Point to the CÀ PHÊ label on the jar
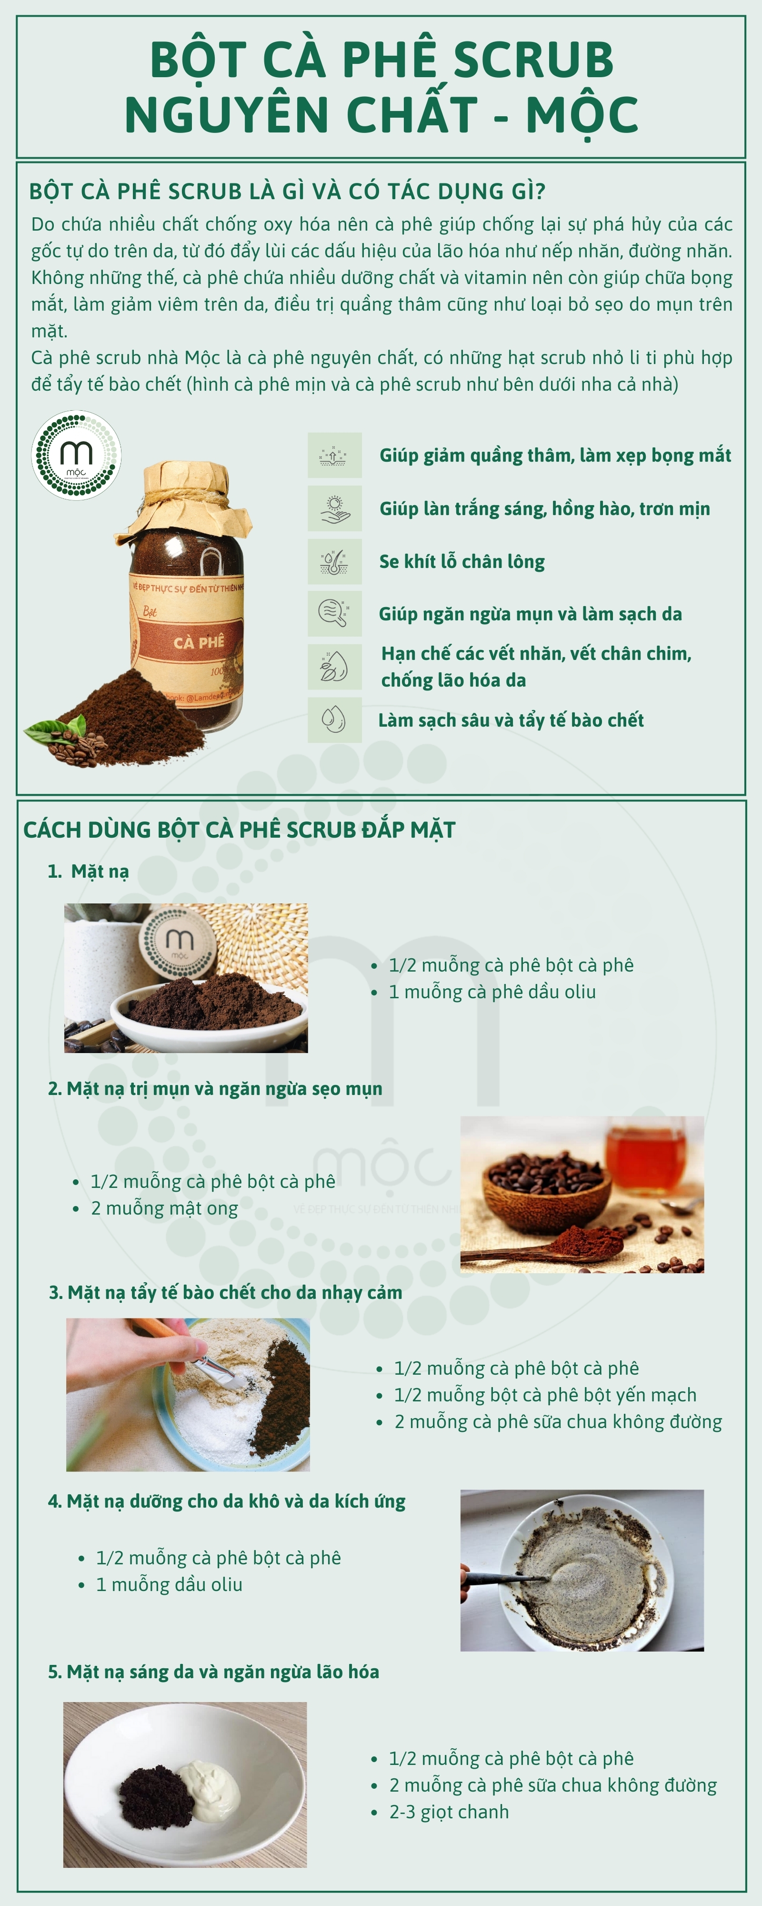(198, 641)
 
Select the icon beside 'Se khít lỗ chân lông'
(334, 561)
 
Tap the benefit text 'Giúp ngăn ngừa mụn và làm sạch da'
(531, 614)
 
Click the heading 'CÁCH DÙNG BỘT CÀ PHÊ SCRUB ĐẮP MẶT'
(239, 830)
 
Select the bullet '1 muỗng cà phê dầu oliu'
(492, 992)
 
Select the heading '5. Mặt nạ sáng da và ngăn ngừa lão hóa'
(214, 1672)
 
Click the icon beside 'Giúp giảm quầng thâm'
(334, 455)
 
